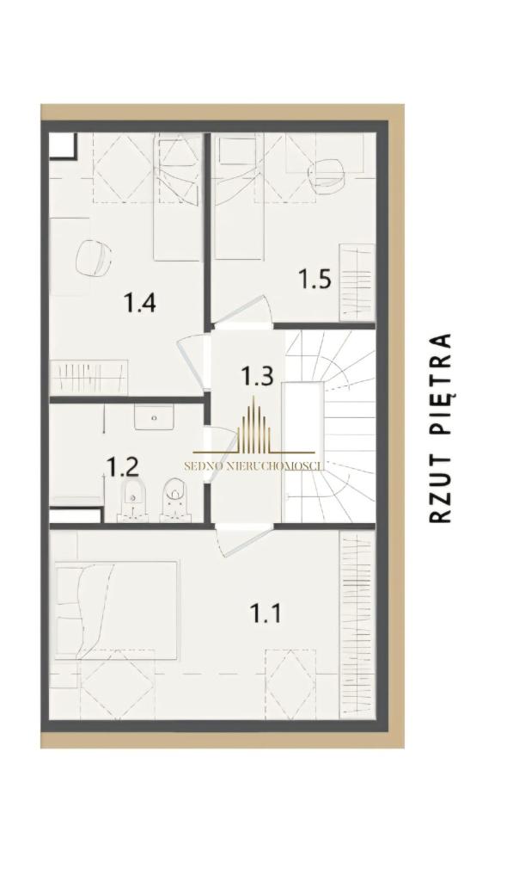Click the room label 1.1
click(266, 613)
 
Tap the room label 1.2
click(123, 466)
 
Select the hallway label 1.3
click(257, 375)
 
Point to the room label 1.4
click(139, 304)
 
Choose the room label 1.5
click(315, 279)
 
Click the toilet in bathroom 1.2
click(175, 499)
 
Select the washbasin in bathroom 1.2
click(153, 417)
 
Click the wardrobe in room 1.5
click(357, 282)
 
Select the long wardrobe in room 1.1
click(357, 625)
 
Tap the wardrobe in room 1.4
click(89, 378)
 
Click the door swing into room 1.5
click(246, 311)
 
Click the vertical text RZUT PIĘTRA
click(441, 428)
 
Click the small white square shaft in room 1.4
click(63, 145)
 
